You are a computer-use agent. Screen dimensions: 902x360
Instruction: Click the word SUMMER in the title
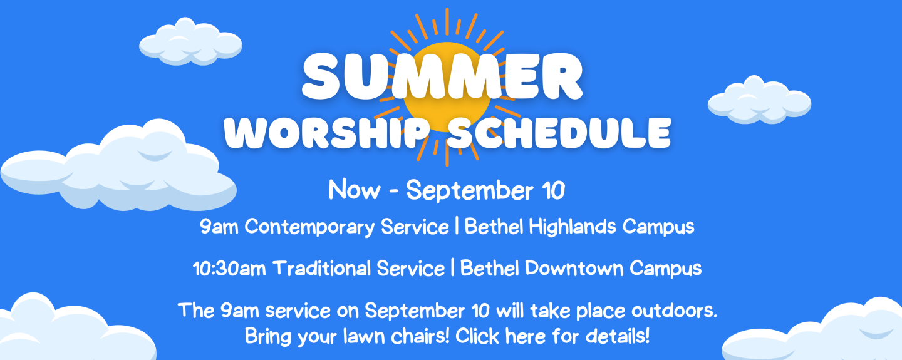(x=442, y=76)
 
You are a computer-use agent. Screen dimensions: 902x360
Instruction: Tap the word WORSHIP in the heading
(x=327, y=133)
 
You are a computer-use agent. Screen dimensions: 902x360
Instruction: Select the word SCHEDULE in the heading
(x=559, y=133)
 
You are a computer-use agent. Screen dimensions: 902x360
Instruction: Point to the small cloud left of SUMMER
(x=190, y=42)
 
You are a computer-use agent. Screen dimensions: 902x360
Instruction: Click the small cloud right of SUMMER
(x=759, y=100)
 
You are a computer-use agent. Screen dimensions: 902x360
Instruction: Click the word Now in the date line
(x=355, y=190)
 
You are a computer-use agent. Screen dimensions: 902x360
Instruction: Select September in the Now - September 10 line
(x=470, y=190)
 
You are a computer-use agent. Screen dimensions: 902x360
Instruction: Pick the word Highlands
(x=573, y=226)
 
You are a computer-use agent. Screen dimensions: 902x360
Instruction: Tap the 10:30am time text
(x=229, y=268)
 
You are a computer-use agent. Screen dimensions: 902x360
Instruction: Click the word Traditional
(x=321, y=268)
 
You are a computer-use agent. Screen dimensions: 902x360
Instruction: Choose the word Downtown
(x=574, y=268)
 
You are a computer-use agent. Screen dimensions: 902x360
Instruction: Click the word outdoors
(x=674, y=310)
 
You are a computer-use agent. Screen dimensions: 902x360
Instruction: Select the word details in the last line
(x=618, y=336)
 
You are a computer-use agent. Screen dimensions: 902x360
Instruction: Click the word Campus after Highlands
(x=658, y=227)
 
